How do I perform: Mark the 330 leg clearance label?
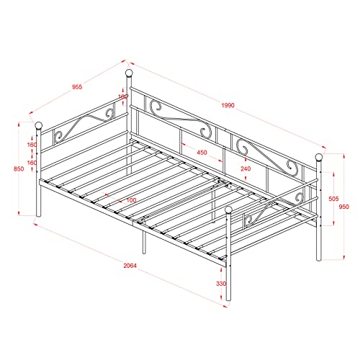pos(221,284)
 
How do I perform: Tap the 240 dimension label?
pos(246,169)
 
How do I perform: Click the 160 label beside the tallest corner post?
pos(122,96)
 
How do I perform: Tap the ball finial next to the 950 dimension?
pos(317,158)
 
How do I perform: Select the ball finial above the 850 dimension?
pos(39,126)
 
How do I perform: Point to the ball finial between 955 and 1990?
pos(130,74)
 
